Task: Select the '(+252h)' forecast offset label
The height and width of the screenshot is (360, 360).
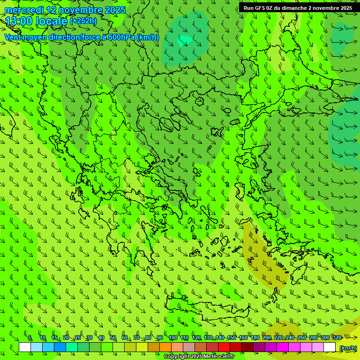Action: [x=83, y=21]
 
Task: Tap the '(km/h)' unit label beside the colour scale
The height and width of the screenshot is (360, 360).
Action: [x=348, y=348]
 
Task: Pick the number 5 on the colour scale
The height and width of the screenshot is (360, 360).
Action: [x=30, y=337]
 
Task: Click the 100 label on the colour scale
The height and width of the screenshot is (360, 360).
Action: [x=172, y=337]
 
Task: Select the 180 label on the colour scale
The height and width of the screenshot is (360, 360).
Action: [x=255, y=337]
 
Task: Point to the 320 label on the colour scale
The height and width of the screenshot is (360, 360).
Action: [x=337, y=337]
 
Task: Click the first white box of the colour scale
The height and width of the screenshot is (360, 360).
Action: [x=25, y=347]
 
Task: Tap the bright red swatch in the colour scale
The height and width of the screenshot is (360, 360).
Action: [x=224, y=347]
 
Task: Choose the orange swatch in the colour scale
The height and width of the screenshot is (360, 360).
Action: [x=165, y=347]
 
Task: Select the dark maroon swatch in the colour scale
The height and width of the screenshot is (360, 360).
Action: [x=247, y=347]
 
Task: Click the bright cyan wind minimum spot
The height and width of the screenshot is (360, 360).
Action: [x=185, y=40]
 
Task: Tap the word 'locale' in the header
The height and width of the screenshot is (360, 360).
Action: [x=51, y=21]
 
